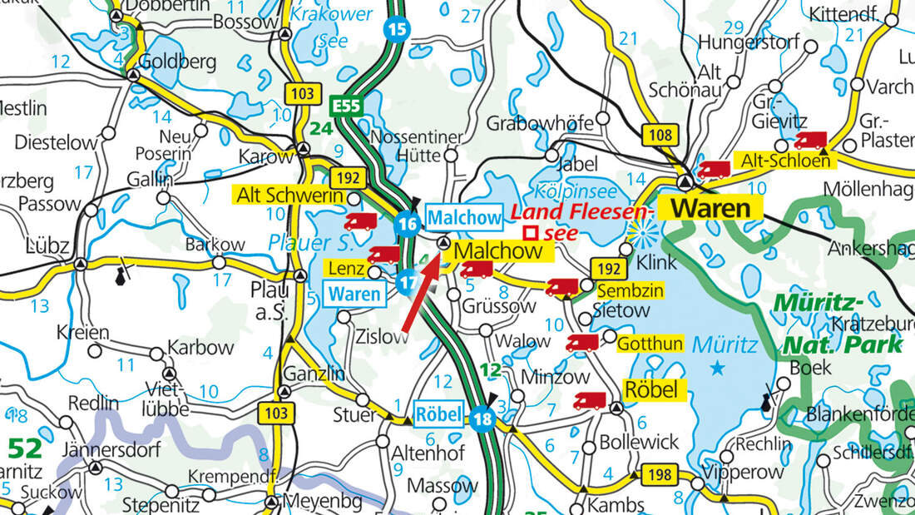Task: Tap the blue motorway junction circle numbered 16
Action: (x=407, y=225)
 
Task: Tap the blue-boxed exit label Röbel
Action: (x=438, y=413)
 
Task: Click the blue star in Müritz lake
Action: (x=718, y=366)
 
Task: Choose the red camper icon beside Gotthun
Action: (x=582, y=343)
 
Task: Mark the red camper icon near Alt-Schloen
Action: (x=810, y=141)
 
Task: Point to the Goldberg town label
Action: (x=177, y=62)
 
